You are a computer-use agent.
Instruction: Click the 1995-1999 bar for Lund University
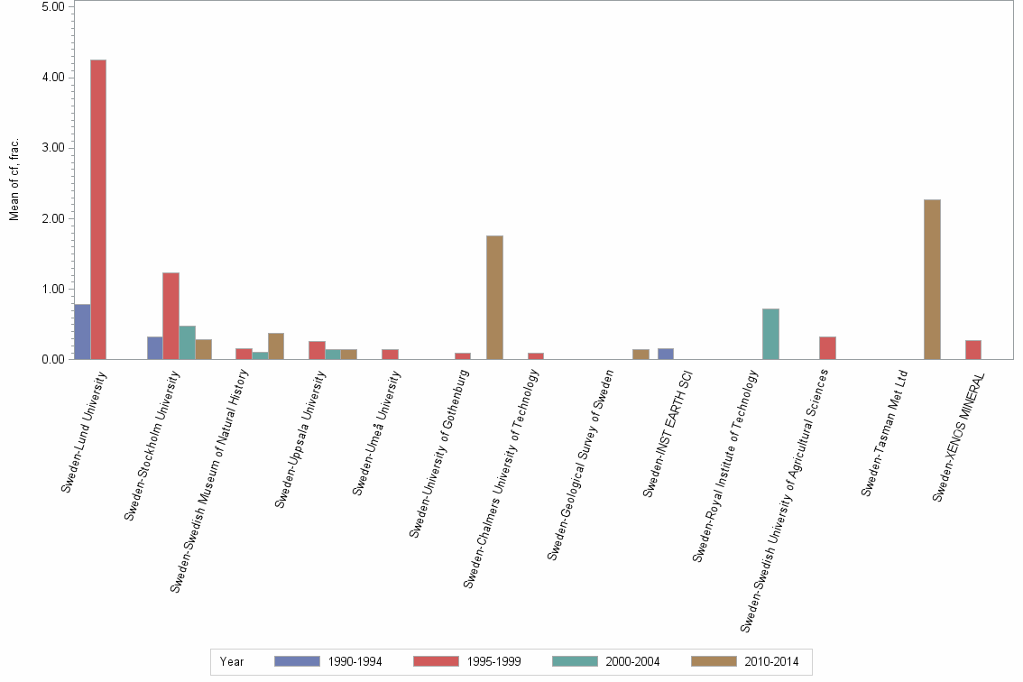point(98,209)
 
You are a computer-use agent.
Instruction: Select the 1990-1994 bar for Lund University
point(82,332)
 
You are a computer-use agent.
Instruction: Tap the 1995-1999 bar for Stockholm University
point(170,316)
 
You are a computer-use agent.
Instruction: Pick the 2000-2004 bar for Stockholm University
point(187,343)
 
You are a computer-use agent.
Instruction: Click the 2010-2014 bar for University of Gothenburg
point(494,298)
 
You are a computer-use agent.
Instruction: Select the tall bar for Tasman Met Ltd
point(932,280)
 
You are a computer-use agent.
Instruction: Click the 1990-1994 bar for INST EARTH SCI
point(665,354)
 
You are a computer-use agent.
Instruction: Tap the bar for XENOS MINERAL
point(973,350)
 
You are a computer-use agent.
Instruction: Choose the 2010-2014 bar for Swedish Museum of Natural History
point(276,346)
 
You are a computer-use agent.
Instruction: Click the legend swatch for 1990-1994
point(297,661)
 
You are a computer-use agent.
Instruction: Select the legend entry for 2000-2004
point(604,661)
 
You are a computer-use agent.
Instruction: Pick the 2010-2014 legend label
point(771,661)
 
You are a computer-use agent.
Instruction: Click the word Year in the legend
point(232,661)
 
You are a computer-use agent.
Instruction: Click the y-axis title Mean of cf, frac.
point(14,180)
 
